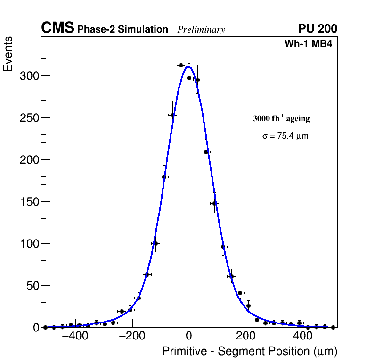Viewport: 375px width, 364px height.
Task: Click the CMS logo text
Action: coord(57,28)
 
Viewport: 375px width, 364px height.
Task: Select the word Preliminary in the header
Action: coord(201,30)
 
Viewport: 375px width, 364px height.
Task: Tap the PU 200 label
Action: coord(318,29)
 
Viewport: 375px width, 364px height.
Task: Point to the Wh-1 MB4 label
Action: coord(309,44)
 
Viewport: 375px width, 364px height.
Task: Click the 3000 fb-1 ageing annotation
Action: coord(281,118)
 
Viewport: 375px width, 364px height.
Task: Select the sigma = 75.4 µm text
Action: coord(285,136)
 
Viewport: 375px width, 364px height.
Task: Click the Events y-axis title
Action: coord(8,55)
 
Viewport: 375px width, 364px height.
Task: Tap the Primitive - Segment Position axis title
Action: coord(250,352)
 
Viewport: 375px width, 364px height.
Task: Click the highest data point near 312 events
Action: coord(181,65)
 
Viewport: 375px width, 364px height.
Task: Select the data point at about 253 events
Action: coord(172,115)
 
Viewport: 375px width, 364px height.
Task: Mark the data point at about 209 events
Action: coord(206,152)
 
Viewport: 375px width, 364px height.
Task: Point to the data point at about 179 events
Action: coord(164,177)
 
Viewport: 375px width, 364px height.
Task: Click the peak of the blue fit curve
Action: coord(188,66)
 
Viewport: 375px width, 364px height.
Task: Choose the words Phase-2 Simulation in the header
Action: coord(122,29)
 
